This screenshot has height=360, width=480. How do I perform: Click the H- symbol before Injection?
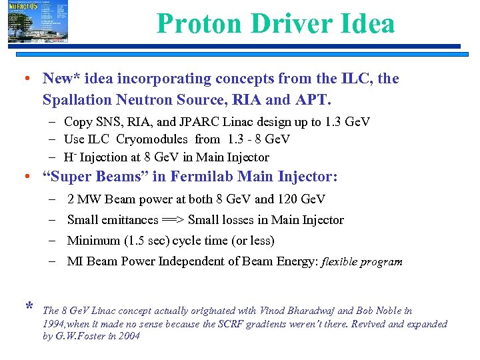pos(70,157)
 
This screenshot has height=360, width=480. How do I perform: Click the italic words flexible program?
pos(362,262)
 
